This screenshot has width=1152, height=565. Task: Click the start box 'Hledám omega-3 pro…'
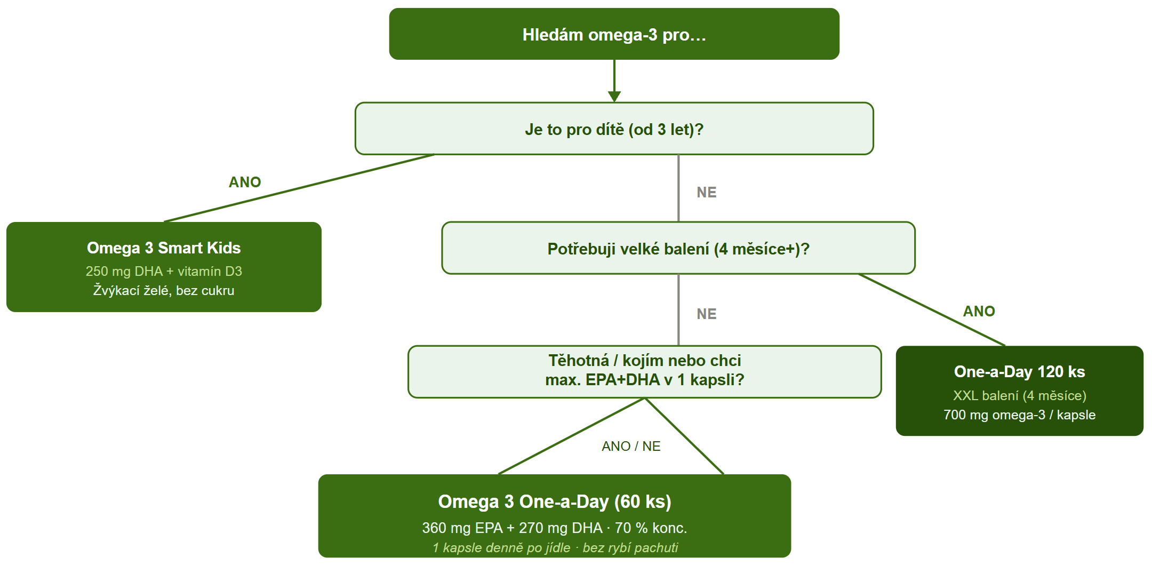pyautogui.click(x=614, y=34)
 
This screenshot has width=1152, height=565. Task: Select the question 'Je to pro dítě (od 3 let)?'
pyautogui.click(x=614, y=129)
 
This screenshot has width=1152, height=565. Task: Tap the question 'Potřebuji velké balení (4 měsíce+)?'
pyautogui.click(x=678, y=248)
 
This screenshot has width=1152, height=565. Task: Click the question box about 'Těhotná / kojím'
pyautogui.click(x=644, y=371)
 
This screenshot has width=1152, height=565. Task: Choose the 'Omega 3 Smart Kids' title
pyautogui.click(x=164, y=248)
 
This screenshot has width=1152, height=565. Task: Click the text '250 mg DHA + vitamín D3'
pyautogui.click(x=164, y=271)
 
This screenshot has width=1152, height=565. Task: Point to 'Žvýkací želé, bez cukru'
pyautogui.click(x=164, y=290)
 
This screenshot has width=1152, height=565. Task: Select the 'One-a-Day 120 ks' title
pyautogui.click(x=1019, y=372)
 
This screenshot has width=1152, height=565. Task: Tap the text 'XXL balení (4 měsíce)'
pyautogui.click(x=1019, y=395)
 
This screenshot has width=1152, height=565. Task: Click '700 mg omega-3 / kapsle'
pyautogui.click(x=1019, y=415)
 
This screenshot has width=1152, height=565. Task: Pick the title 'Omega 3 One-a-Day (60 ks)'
pyautogui.click(x=555, y=502)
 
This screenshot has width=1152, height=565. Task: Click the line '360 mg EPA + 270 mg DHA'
pyautogui.click(x=512, y=528)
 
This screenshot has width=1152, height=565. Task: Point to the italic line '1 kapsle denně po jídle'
pyautogui.click(x=501, y=548)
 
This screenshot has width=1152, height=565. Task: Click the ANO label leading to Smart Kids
pyautogui.click(x=245, y=182)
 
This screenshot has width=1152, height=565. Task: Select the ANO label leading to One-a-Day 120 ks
pyautogui.click(x=979, y=312)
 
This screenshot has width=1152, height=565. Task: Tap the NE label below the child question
pyautogui.click(x=707, y=193)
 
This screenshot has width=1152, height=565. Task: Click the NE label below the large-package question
pyautogui.click(x=707, y=314)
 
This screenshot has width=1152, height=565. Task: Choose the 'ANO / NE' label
pyautogui.click(x=631, y=446)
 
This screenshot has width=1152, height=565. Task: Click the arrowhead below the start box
pyautogui.click(x=614, y=96)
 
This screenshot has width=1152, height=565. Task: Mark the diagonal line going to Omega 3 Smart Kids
pyautogui.click(x=299, y=188)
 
